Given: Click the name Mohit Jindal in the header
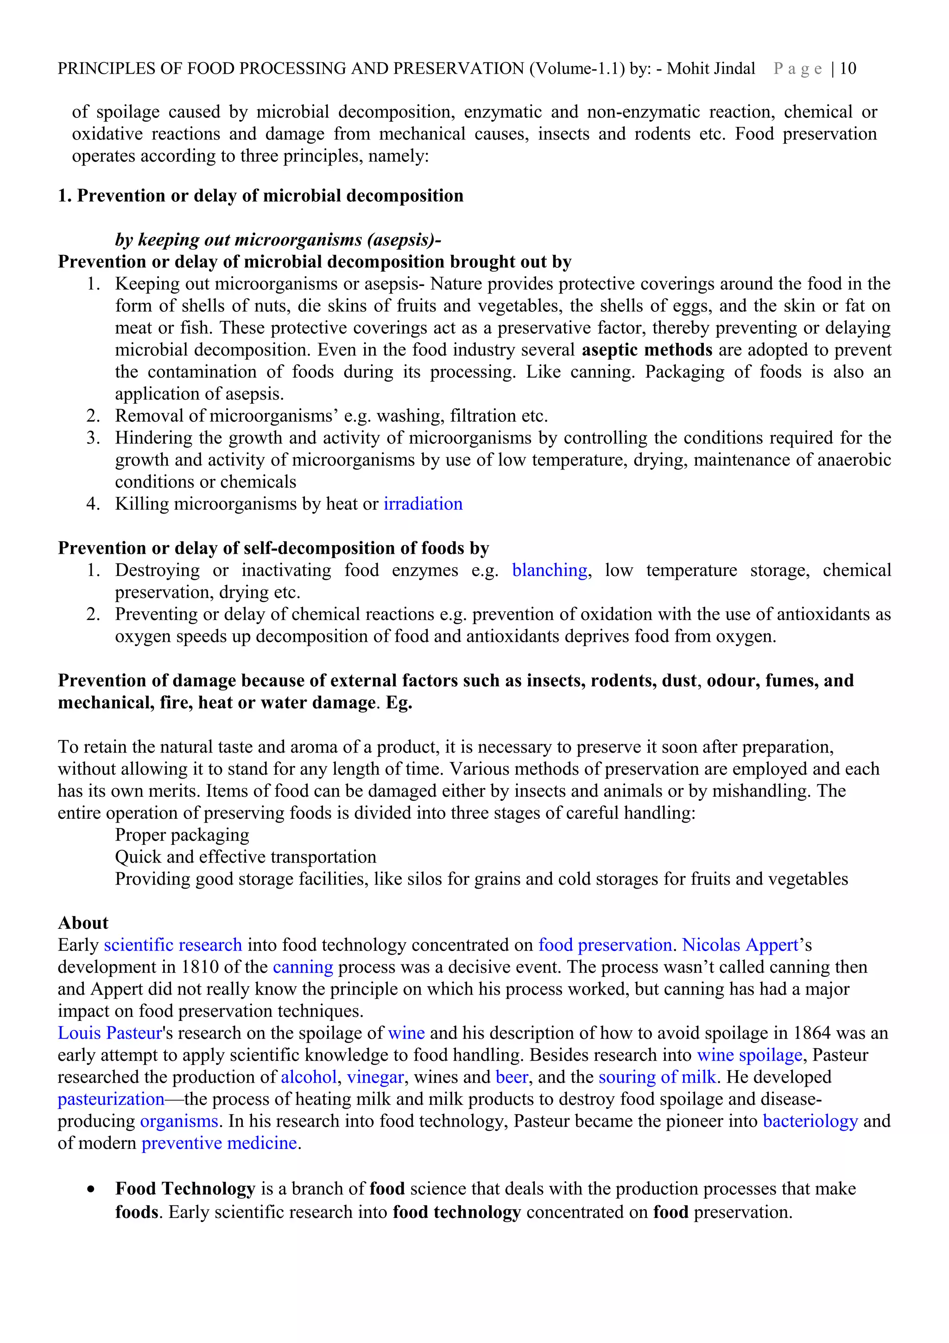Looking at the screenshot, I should (x=711, y=69).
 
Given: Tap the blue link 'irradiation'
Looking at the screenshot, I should (x=423, y=504).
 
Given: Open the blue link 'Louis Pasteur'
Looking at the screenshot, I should (x=109, y=1033).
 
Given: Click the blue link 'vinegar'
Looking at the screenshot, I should (x=375, y=1077).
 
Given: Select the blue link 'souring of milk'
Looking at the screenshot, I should (x=657, y=1077).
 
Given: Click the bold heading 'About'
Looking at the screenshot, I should (x=83, y=923).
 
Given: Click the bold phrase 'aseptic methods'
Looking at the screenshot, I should (x=647, y=350).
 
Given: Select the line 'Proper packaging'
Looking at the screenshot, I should (x=182, y=835).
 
